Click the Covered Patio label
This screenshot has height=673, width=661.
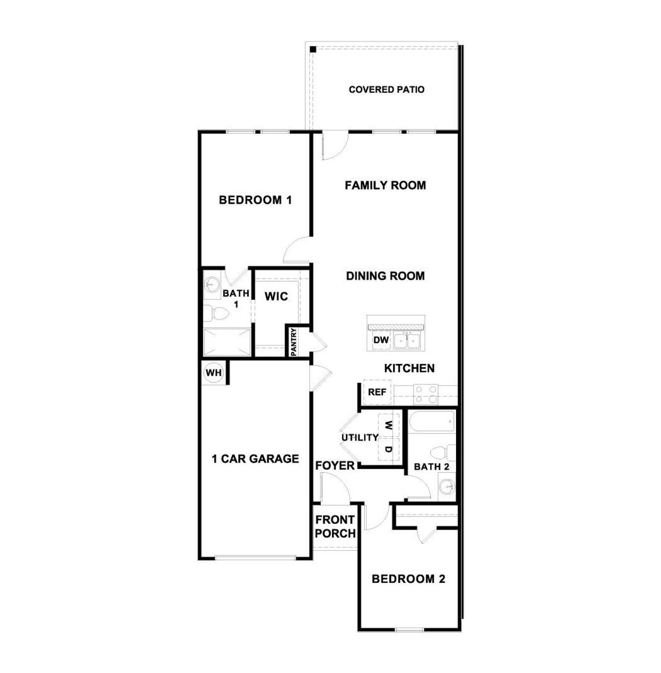[386, 90]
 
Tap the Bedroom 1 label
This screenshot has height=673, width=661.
[255, 200]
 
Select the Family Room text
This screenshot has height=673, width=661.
[385, 185]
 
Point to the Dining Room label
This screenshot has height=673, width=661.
[385, 276]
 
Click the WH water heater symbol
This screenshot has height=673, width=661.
[213, 373]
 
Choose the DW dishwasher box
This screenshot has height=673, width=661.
[381, 340]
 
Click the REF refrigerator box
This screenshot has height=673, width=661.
[377, 392]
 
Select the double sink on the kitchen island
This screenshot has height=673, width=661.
[407, 341]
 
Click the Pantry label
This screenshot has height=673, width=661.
[293, 342]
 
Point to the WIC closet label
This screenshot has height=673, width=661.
[276, 297]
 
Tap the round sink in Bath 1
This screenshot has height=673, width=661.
[212, 283]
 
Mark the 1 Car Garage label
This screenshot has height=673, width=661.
[256, 459]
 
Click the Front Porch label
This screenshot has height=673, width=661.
[335, 526]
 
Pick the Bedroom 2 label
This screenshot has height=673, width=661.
[408, 579]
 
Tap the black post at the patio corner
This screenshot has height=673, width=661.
[313, 50]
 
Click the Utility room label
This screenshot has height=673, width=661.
[360, 438]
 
